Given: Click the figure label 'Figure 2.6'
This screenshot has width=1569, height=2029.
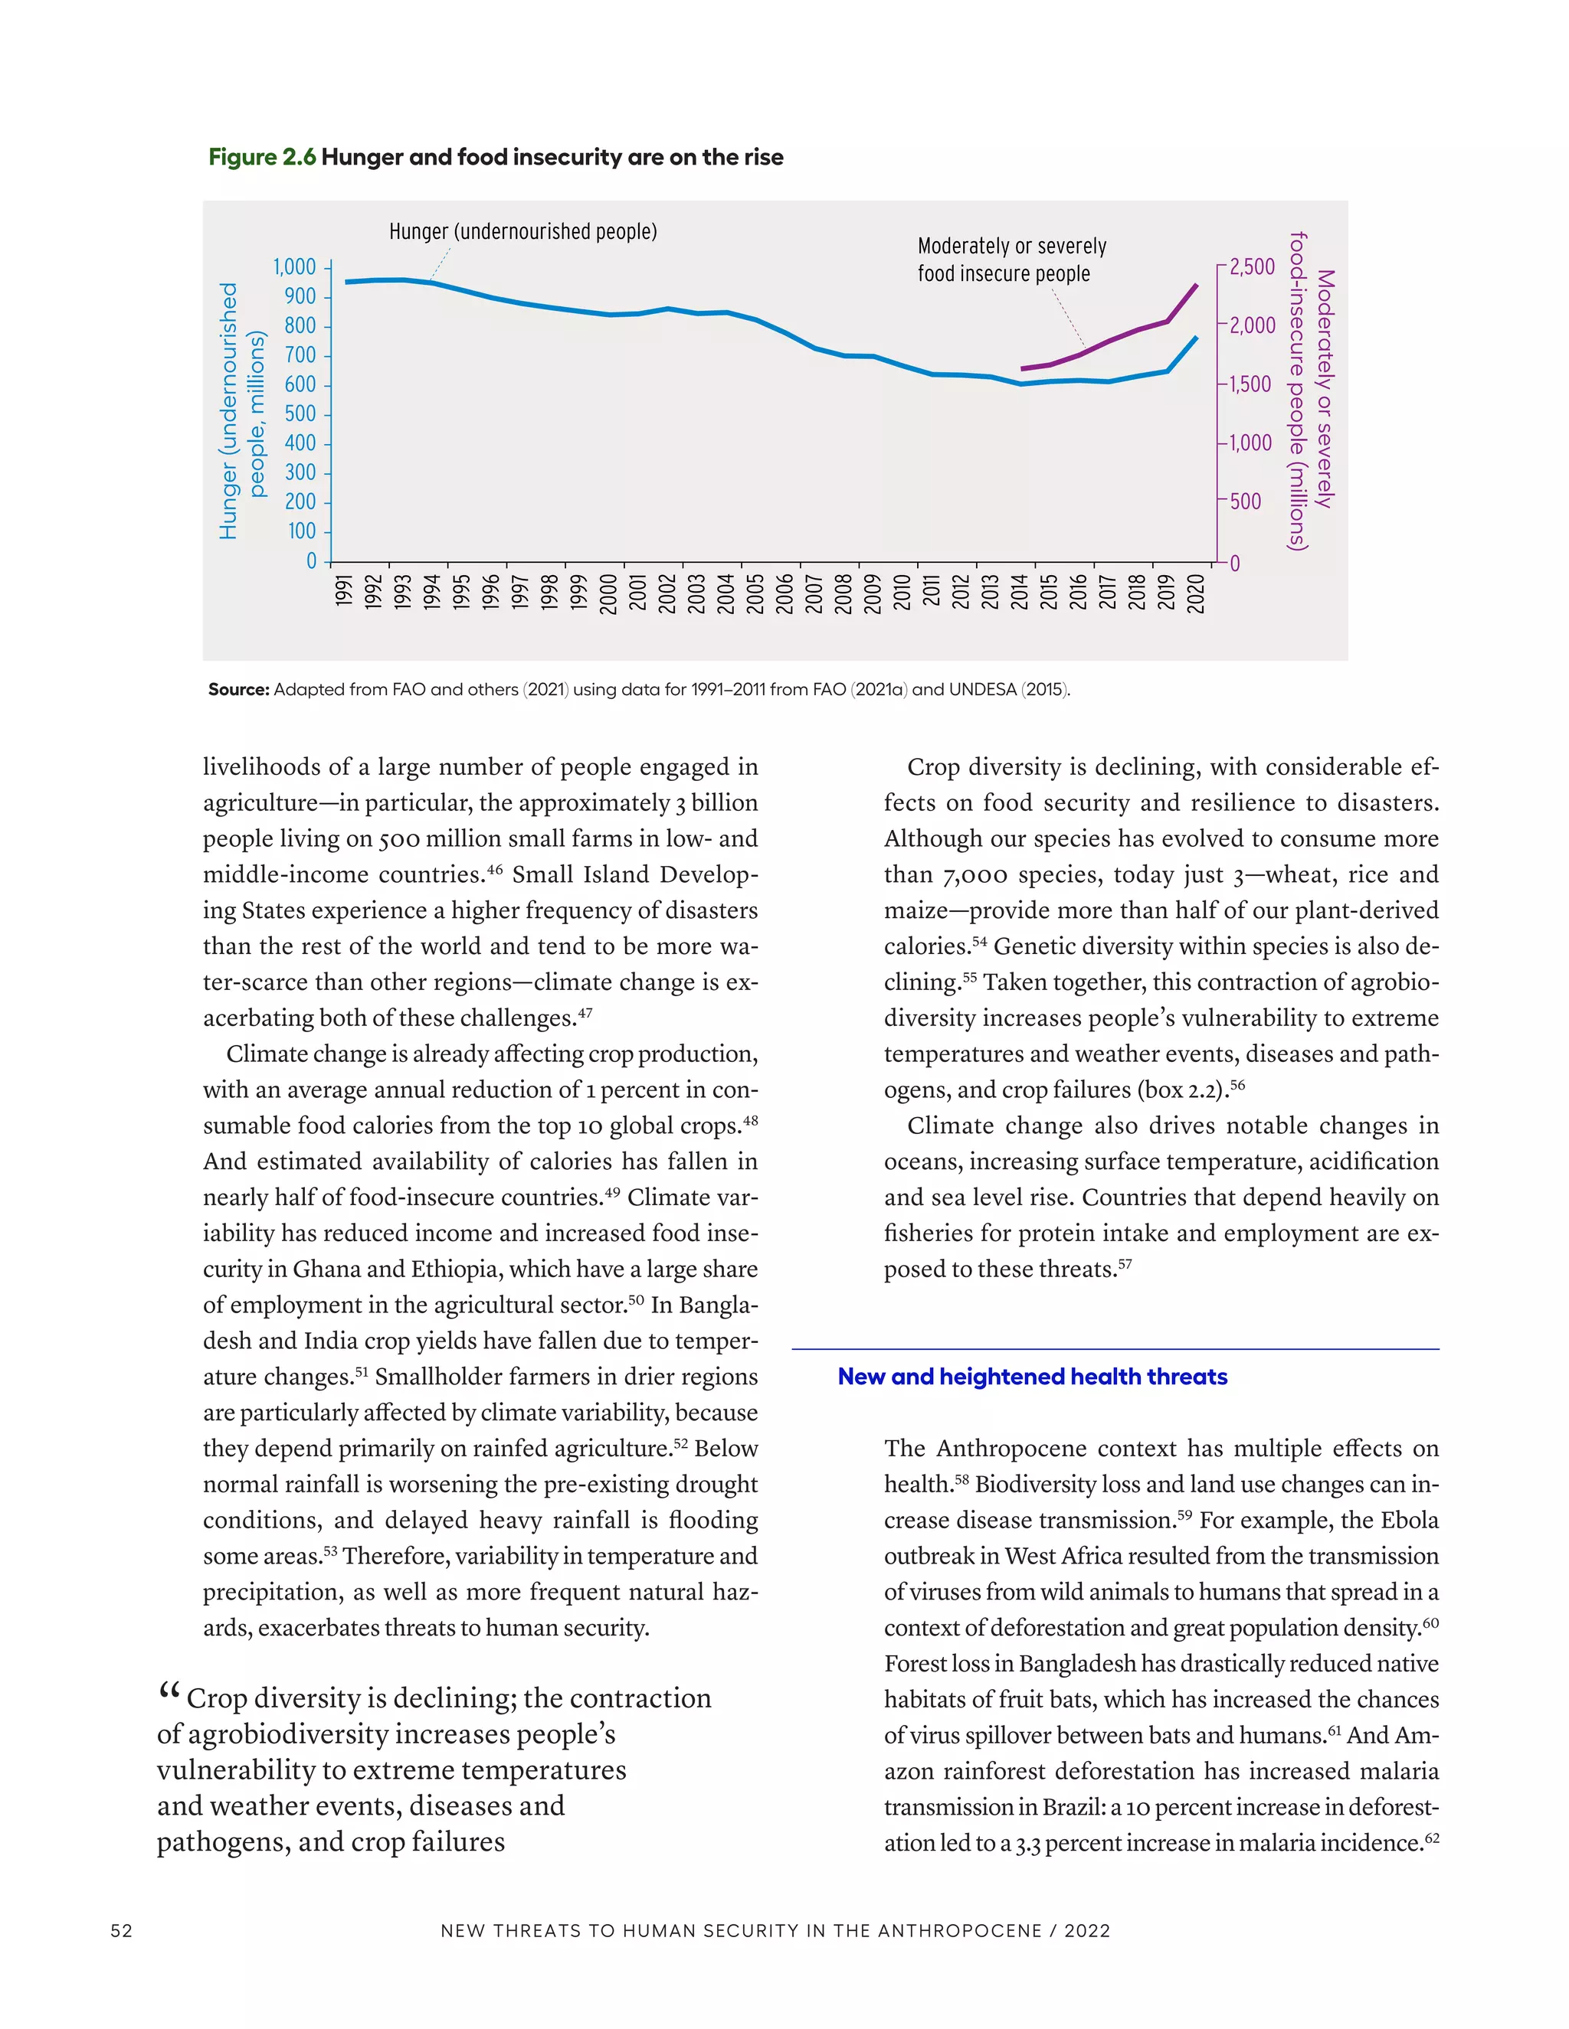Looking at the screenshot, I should pyautogui.click(x=262, y=157).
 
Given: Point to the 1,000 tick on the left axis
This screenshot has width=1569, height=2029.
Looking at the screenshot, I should pyautogui.click(x=295, y=267).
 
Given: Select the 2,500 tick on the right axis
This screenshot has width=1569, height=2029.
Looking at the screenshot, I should pyautogui.click(x=1252, y=267).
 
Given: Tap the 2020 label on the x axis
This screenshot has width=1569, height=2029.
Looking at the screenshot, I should pyautogui.click(x=1196, y=593).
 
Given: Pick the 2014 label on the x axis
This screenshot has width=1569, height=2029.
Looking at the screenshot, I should pyautogui.click(x=1020, y=592).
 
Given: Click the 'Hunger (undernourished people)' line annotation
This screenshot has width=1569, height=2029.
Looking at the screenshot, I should pyautogui.click(x=522, y=231).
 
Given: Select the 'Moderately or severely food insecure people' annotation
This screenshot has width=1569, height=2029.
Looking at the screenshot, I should pyautogui.click(x=1011, y=260).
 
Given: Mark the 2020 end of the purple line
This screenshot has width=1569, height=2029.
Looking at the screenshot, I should pyautogui.click(x=1196, y=286).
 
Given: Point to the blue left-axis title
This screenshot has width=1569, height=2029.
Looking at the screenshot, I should pyautogui.click(x=241, y=410).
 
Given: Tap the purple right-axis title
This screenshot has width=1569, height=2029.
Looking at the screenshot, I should pyautogui.click(x=1312, y=390).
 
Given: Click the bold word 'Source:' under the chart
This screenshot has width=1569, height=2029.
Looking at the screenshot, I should pyautogui.click(x=239, y=689).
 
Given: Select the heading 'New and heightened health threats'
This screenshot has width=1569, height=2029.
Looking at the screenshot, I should pyautogui.click(x=1032, y=1377).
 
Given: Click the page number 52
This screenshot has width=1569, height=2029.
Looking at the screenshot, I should pyautogui.click(x=122, y=1930).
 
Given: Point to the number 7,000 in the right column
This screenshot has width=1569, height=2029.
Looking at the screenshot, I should pyautogui.click(x=975, y=875).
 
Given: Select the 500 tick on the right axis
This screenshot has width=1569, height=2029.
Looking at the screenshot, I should pyautogui.click(x=1246, y=502).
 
